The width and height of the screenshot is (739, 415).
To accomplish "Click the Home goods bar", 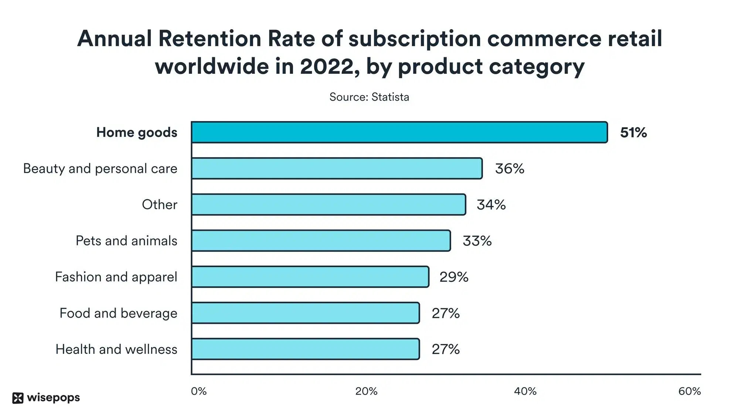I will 399,132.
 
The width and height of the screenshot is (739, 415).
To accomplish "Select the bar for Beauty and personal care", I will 337,169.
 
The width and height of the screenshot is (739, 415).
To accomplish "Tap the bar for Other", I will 328,205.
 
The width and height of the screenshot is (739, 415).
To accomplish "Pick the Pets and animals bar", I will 321,241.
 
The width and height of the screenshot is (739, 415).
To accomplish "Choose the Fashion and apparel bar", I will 310,277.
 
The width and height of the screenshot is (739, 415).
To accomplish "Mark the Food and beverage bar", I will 305,313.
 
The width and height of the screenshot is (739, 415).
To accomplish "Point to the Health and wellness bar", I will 305,349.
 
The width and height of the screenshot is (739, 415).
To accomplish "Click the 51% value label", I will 633,132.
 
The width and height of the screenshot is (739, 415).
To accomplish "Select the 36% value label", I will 510,169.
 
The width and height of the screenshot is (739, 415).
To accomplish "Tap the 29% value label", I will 454,277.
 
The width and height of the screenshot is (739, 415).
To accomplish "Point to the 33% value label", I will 477,241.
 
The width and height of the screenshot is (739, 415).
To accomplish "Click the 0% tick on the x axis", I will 199,391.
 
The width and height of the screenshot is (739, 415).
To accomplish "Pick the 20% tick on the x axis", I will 366,391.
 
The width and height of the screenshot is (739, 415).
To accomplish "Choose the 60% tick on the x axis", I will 689,391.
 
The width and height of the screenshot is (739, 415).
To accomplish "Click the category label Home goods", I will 137,132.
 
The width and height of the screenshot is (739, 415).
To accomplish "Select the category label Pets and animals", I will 126,241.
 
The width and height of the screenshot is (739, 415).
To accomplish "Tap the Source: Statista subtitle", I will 369,97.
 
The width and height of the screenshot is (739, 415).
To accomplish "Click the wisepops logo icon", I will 18,398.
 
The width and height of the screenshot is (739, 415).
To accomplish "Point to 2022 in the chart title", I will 327,67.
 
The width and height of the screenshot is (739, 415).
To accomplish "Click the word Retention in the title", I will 210,38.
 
